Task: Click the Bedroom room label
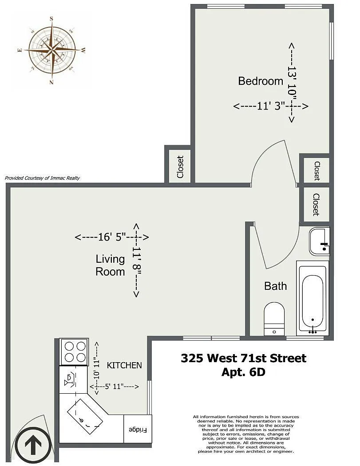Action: coord(261,81)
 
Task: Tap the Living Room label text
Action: coord(110,265)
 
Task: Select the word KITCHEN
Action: coord(124,365)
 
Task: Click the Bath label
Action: coord(276,286)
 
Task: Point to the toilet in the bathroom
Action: coord(274,319)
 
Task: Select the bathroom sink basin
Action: coord(319,241)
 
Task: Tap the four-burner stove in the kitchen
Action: coord(74,351)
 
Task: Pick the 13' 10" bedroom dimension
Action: coord(292,82)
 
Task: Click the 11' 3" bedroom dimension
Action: coord(271,106)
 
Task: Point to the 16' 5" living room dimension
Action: coord(112,237)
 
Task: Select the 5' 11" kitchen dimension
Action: coord(114,387)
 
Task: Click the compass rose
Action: coord(52,50)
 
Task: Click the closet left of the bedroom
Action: coord(180,167)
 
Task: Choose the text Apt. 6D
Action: coord(243,372)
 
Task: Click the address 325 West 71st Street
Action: coord(243,358)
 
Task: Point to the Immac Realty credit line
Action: coord(42,178)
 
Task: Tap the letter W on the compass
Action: coord(83,50)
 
